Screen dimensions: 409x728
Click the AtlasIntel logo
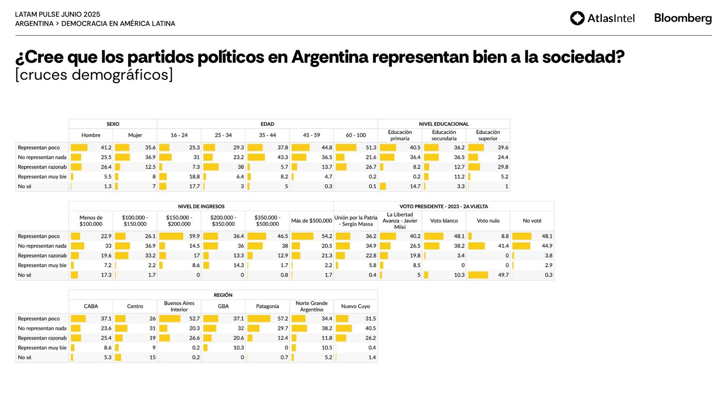click(x=602, y=18)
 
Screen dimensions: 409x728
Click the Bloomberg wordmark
click(x=682, y=18)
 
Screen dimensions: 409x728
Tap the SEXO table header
click(x=113, y=124)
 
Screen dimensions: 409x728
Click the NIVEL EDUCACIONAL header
click(x=444, y=124)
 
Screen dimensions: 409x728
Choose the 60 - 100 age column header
click(x=355, y=135)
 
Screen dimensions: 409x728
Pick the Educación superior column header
click(x=488, y=135)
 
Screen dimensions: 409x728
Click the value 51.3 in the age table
click(x=371, y=148)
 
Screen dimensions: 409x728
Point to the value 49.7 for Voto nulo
click(x=503, y=275)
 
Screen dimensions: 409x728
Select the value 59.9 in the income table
click(x=194, y=236)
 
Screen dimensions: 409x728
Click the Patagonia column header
click(x=267, y=306)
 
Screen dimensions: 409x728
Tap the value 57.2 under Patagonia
click(x=283, y=319)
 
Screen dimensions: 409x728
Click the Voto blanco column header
click(x=444, y=221)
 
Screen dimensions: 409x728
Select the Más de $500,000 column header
click(x=312, y=221)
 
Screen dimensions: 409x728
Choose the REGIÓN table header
click(x=223, y=295)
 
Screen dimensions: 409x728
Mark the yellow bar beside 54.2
click(x=302, y=236)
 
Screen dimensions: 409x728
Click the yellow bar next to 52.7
click(x=169, y=319)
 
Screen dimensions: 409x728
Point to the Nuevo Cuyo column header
click(x=355, y=306)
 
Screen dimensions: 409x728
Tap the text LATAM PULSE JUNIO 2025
click(x=58, y=15)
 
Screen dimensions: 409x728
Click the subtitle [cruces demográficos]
click(x=94, y=75)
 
